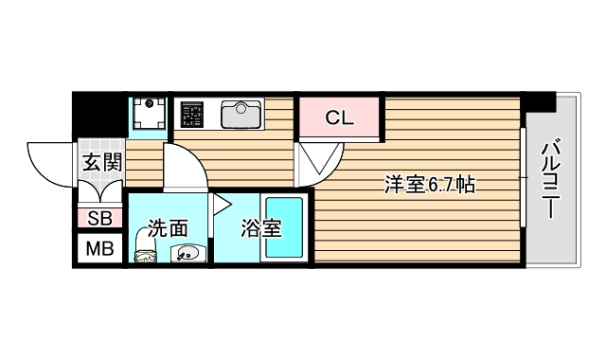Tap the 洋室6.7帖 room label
point(428,185)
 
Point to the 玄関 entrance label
point(100,162)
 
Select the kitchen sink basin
point(241,115)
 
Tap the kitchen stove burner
point(192,116)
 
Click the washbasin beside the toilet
point(186,253)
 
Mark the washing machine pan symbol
point(147,115)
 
